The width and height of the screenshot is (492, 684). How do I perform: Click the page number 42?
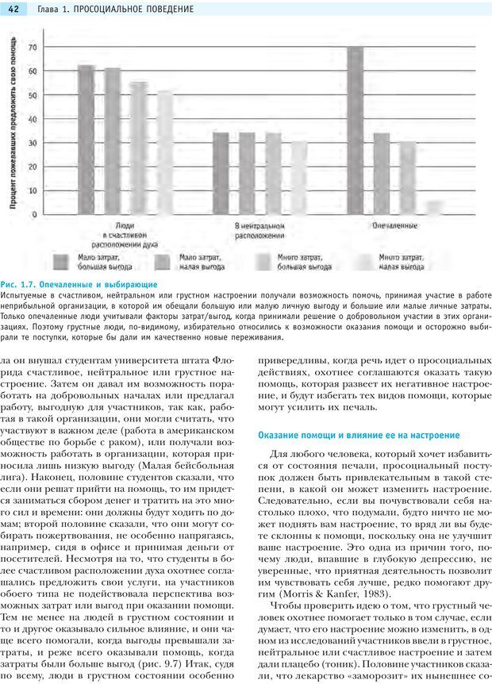[13, 8]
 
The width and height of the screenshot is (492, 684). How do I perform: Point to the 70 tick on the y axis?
[33, 48]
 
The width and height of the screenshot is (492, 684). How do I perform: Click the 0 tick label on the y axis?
[34, 214]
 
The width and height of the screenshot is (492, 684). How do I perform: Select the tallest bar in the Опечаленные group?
[356, 130]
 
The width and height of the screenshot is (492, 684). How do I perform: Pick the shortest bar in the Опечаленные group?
[434, 207]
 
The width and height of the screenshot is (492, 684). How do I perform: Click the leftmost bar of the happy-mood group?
[86, 139]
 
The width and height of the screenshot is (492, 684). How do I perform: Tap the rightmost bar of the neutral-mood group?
[298, 177]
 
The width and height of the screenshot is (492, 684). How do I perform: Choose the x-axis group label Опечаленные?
[394, 226]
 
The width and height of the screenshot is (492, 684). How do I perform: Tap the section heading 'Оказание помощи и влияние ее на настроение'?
[359, 435]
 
